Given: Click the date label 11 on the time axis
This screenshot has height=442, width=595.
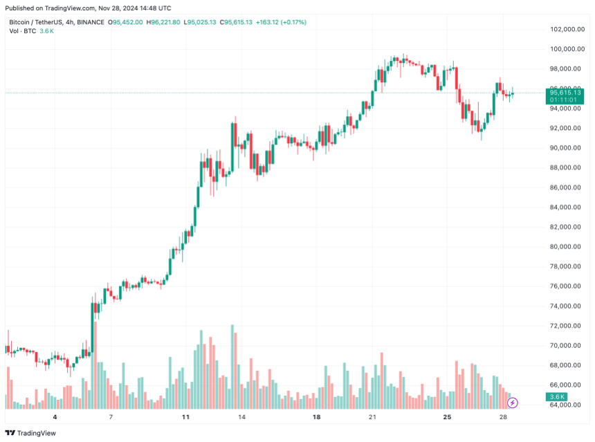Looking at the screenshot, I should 185,418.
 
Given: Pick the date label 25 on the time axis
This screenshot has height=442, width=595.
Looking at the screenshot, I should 448,418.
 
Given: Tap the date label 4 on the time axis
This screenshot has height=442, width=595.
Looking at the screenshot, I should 55,418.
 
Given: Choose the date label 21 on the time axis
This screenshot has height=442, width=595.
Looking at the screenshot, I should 372,418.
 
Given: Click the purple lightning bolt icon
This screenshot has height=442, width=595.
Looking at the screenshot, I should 513,402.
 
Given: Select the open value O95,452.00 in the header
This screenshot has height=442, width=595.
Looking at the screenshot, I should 123,22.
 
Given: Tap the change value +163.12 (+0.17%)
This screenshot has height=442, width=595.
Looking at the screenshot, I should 281,22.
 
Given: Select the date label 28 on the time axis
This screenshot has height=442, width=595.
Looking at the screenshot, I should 503,418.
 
